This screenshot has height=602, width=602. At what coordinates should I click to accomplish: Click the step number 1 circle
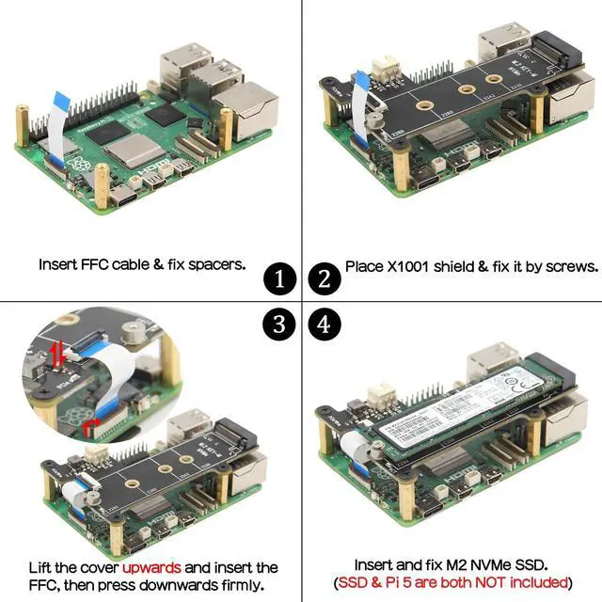pos(279,279)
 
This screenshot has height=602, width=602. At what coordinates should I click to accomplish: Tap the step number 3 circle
pos(279,325)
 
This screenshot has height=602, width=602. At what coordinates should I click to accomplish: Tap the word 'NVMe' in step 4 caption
pos(487,565)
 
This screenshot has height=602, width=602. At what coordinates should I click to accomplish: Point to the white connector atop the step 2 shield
pos(385,69)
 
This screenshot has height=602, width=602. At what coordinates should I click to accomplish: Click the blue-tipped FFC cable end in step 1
pos(61,98)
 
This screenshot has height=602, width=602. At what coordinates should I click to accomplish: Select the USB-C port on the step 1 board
pos(122,198)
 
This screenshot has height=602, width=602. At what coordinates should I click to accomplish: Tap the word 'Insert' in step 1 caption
pos(59,264)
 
